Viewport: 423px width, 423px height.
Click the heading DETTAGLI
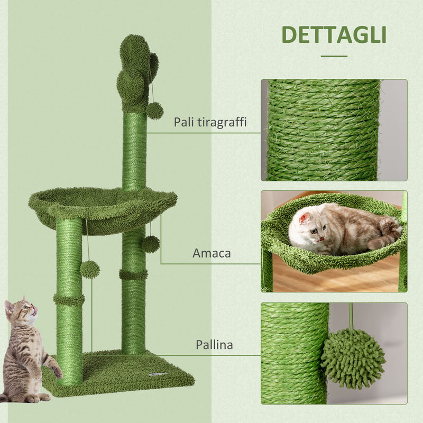tap(334, 34)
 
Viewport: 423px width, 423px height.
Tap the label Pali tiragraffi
tap(210, 123)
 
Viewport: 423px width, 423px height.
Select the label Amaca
tap(212, 253)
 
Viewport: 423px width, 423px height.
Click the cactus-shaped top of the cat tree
tap(136, 71)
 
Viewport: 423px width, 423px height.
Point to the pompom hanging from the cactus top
tap(154, 111)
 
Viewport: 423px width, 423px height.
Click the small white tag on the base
tap(159, 374)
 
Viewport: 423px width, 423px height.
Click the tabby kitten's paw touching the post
tap(57, 372)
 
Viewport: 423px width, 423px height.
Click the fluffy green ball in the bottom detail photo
tap(353, 358)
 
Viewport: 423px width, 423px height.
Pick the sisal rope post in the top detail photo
tap(323, 130)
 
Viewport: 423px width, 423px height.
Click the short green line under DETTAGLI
tap(334, 56)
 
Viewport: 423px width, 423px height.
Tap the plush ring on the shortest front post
tap(69, 300)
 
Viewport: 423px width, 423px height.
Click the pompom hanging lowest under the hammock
tap(90, 269)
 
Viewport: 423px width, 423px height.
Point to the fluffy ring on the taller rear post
tap(133, 274)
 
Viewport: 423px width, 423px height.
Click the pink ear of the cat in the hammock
tap(304, 218)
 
